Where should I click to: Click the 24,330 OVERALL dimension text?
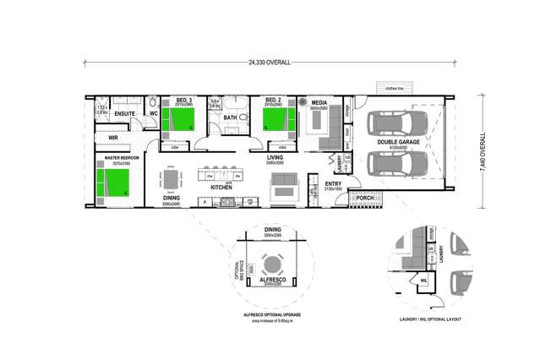coord(270,63)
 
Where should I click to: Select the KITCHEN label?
coord(221,186)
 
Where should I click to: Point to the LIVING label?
coord(275,157)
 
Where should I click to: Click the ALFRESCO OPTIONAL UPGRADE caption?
coord(270,314)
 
